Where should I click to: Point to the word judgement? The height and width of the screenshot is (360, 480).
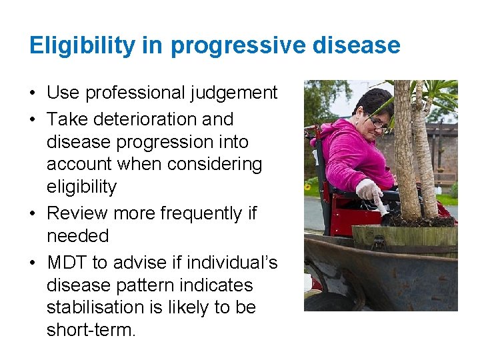pos(235,93)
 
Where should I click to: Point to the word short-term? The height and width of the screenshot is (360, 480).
pos(91,330)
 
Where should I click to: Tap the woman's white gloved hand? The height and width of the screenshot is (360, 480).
pos(368,191)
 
